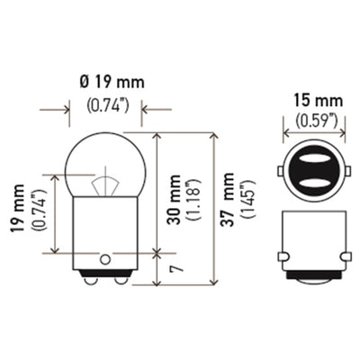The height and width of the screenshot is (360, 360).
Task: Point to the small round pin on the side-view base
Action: (106, 259)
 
